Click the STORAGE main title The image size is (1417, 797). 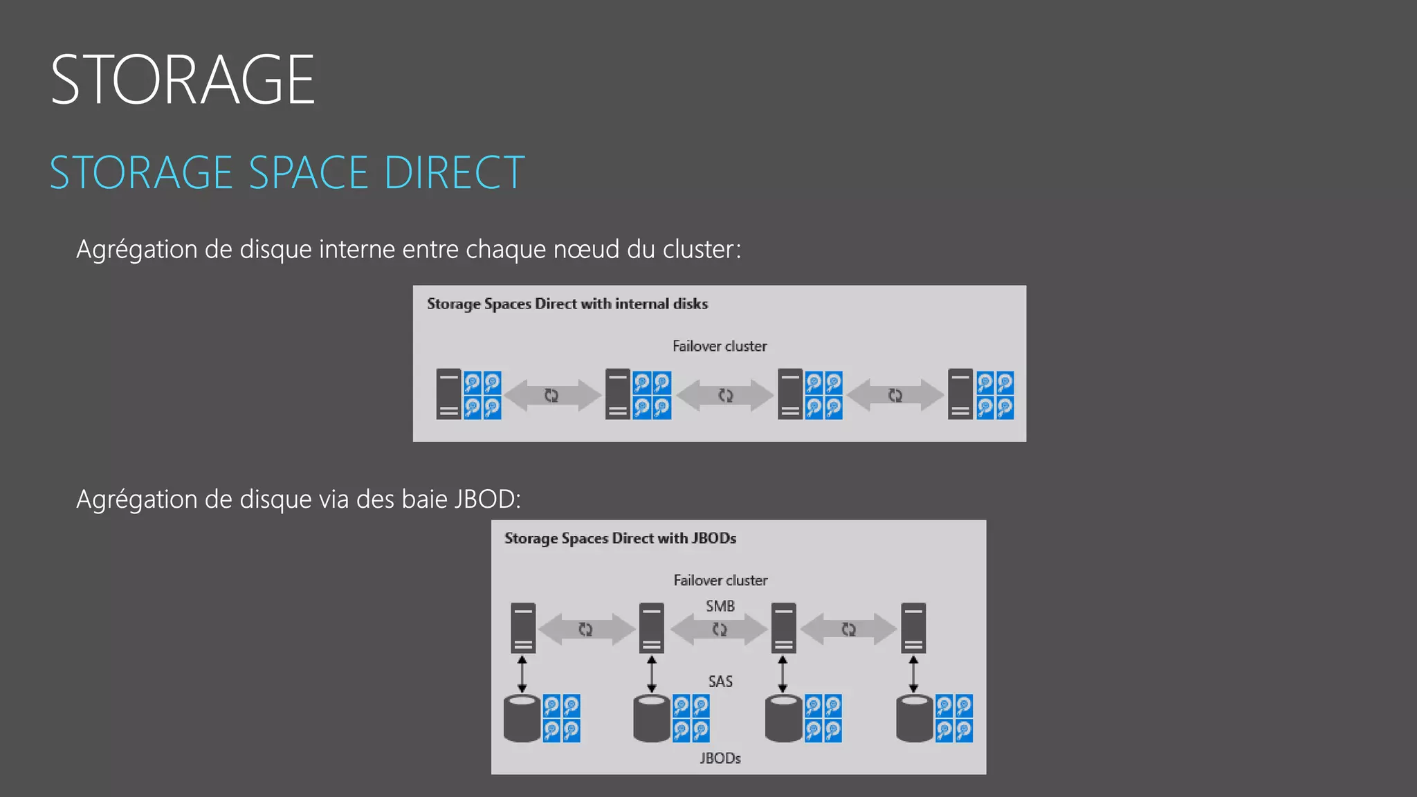click(x=183, y=80)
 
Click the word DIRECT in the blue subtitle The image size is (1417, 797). click(x=455, y=172)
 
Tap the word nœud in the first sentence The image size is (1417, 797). click(x=586, y=249)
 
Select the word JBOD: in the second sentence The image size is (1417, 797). click(x=487, y=499)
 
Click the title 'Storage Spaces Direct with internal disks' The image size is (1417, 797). click(x=567, y=304)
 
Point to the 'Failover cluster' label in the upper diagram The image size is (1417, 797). click(x=720, y=346)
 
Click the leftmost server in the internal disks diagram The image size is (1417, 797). click(x=448, y=394)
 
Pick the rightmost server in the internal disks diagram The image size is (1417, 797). click(x=960, y=394)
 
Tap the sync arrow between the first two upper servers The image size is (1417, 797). click(x=551, y=395)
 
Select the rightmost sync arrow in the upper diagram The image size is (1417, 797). click(x=895, y=395)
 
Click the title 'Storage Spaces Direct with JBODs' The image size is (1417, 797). click(x=620, y=538)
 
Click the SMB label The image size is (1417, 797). click(x=720, y=606)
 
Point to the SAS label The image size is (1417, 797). click(x=720, y=681)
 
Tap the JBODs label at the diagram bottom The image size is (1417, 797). click(x=720, y=758)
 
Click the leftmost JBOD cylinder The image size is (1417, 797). click(x=522, y=719)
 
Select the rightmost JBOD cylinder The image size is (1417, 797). click(x=914, y=719)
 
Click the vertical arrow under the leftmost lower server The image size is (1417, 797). click(x=522, y=675)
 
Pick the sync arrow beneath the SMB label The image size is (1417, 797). click(x=720, y=630)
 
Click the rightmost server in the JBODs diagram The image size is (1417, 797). click(x=913, y=628)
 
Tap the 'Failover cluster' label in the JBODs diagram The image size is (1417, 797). click(x=720, y=580)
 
